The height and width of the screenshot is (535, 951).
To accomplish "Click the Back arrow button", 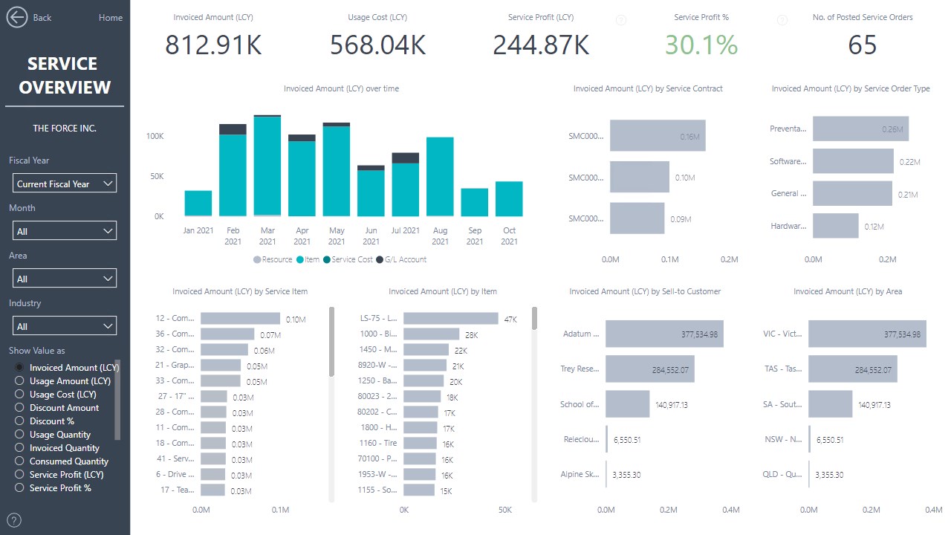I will click(x=17, y=17).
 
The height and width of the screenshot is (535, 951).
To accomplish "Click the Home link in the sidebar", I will click(x=110, y=18).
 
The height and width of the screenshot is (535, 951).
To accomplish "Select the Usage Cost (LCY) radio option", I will click(x=19, y=395).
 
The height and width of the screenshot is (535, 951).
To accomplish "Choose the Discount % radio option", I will click(x=19, y=421).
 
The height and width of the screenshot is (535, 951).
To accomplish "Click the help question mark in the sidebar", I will click(x=14, y=520).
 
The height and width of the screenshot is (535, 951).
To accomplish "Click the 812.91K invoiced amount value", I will click(x=213, y=45).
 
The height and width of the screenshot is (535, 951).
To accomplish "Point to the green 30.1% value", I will click(x=701, y=45).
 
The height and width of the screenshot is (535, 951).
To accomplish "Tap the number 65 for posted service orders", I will click(x=862, y=45).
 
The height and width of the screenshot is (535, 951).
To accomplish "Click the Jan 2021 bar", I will click(x=198, y=203).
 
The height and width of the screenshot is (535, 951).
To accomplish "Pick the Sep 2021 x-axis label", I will click(x=475, y=236).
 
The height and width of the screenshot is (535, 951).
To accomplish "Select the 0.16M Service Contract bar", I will click(x=657, y=136).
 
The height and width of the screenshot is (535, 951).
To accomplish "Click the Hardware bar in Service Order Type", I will click(x=835, y=226).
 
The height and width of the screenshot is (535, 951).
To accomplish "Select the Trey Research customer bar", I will click(x=649, y=369).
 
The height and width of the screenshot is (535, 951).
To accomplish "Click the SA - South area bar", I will click(x=830, y=404).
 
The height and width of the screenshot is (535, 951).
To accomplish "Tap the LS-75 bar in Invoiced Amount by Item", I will click(x=450, y=318).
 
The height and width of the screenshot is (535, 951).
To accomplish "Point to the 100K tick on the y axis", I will click(x=155, y=137).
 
